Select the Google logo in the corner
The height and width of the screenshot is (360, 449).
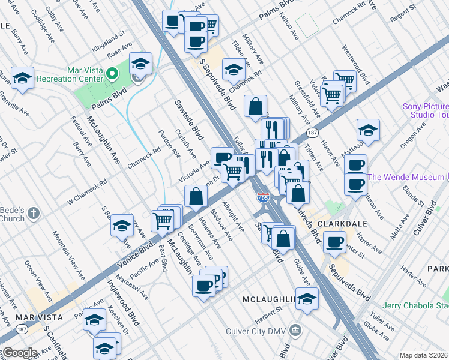pyautogui.click(x=19, y=353)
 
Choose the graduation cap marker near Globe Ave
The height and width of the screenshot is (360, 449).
pyautogui.click(x=307, y=298)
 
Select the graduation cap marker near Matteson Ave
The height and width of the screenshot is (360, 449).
pyautogui.click(x=368, y=130)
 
